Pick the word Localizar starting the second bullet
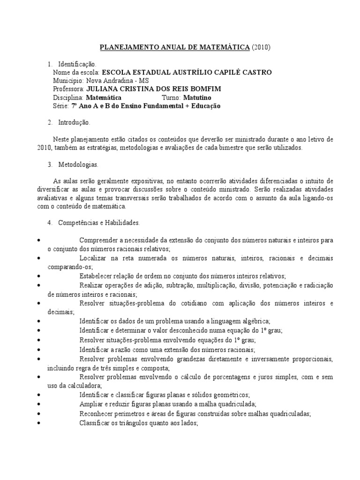coord(94,258)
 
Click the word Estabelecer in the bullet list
coord(97,276)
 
